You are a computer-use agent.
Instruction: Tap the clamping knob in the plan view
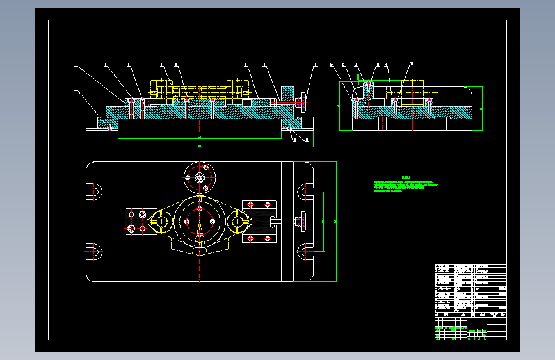[x=299, y=222]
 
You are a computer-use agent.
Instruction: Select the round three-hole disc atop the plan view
[x=200, y=177]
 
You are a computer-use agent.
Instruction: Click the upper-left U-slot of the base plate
[x=95, y=191]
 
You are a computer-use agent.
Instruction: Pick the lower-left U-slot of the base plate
[x=95, y=252]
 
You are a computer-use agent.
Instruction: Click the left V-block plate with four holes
[x=140, y=222]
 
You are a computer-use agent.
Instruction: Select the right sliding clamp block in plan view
[x=259, y=222]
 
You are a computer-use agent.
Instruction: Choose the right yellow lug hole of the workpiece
[x=239, y=222]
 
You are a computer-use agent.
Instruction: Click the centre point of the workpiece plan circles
[x=200, y=222]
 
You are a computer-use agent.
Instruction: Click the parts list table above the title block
[x=470, y=288]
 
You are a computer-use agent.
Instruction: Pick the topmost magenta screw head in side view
[x=368, y=83]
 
